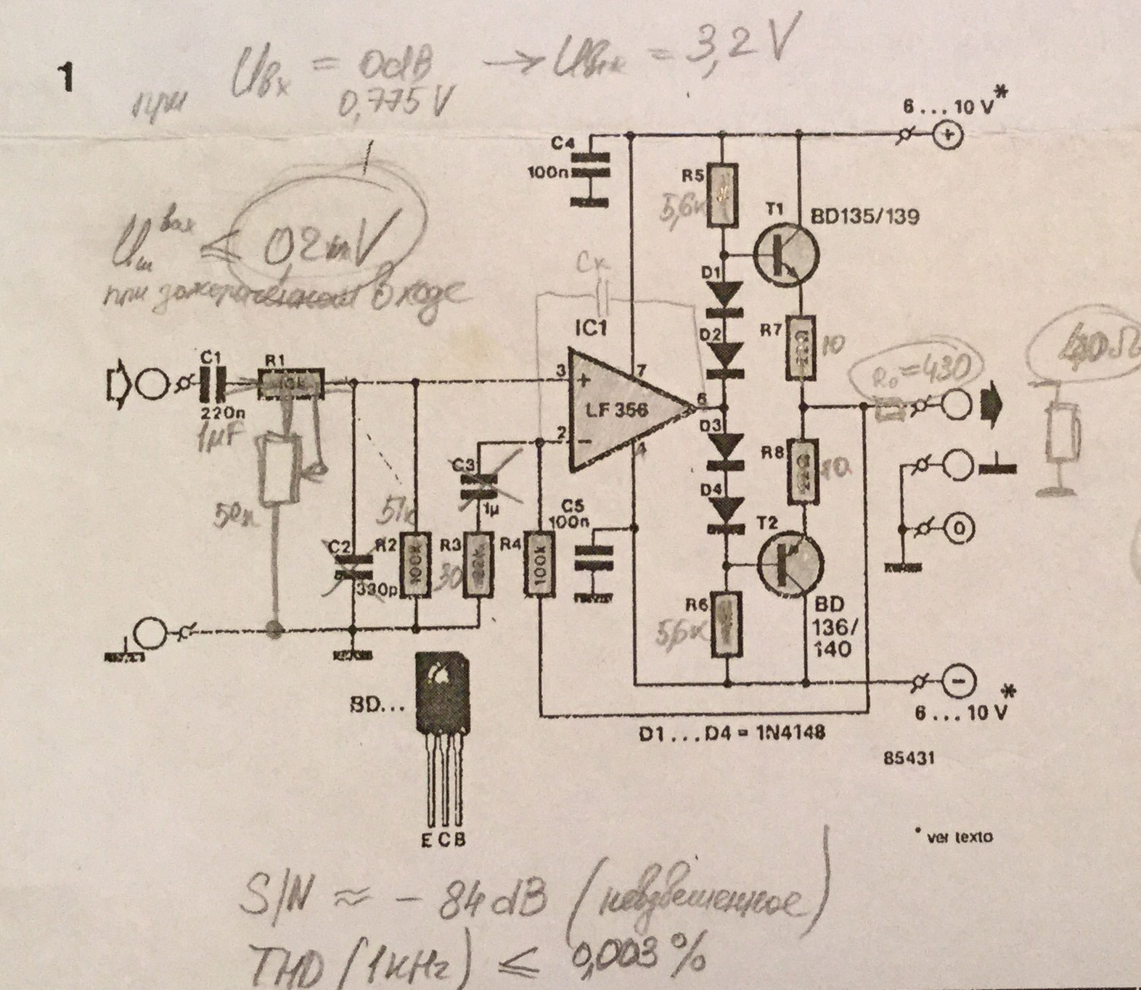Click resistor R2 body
(415, 566)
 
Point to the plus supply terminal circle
(948, 136)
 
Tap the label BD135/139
(864, 215)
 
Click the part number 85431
(909, 757)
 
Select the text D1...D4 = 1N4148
(732, 733)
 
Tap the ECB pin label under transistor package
(443, 839)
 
